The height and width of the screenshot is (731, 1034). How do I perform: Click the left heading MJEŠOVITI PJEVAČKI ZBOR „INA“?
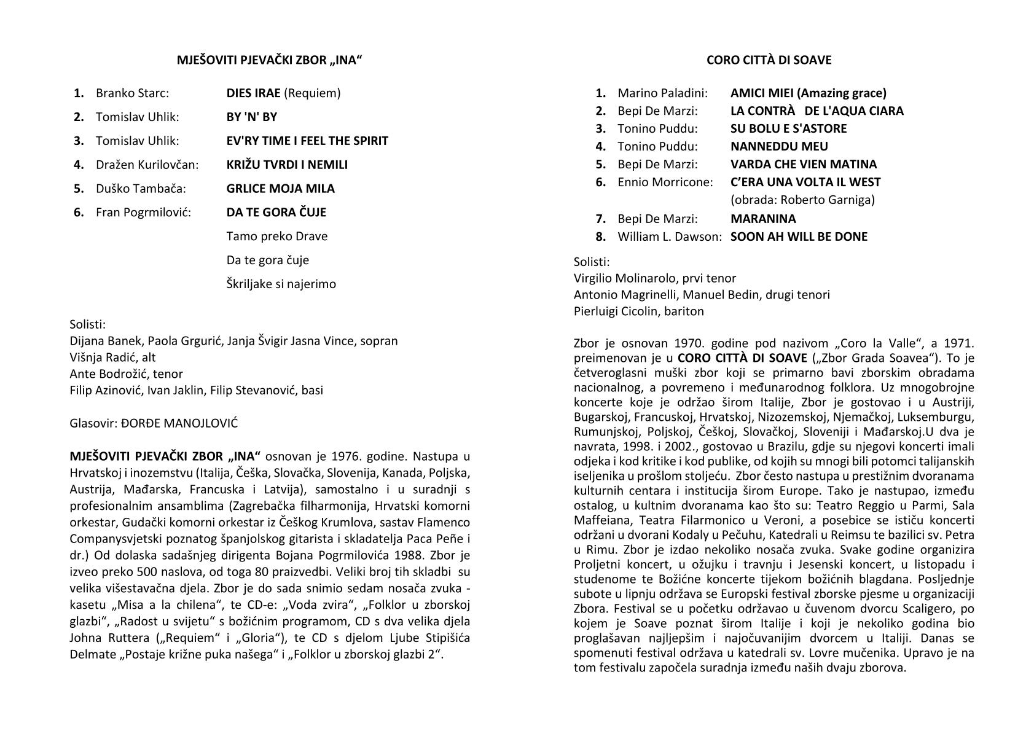pos(270,60)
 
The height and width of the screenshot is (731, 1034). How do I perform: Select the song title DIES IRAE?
pos(253,93)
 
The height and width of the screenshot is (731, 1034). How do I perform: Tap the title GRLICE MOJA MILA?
pos(280,189)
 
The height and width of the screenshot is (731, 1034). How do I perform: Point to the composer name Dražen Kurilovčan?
pos(147,165)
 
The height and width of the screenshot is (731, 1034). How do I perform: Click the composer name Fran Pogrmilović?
pos(143,213)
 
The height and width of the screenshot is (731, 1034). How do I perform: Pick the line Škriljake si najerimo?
pos(281,284)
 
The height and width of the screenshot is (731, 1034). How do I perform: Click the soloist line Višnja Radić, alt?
pos(113,358)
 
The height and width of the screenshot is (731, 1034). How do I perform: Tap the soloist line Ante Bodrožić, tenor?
pos(126,374)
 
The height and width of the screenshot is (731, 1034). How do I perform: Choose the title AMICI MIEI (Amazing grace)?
pos(808,93)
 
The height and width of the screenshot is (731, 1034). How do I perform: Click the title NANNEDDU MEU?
pos(779,146)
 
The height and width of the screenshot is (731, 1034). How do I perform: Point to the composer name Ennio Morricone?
pos(665,182)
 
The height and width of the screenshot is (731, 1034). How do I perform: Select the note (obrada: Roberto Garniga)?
pos(802,200)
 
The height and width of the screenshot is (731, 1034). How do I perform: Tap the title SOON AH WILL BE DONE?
pos(799,237)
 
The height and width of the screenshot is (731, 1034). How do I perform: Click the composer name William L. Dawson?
pos(670,237)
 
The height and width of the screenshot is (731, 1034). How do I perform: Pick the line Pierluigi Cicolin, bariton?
pos(639,311)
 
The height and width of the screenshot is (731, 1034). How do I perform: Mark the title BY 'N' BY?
pos(252,117)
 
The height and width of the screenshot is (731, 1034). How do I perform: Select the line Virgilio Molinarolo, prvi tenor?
pos(655,278)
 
